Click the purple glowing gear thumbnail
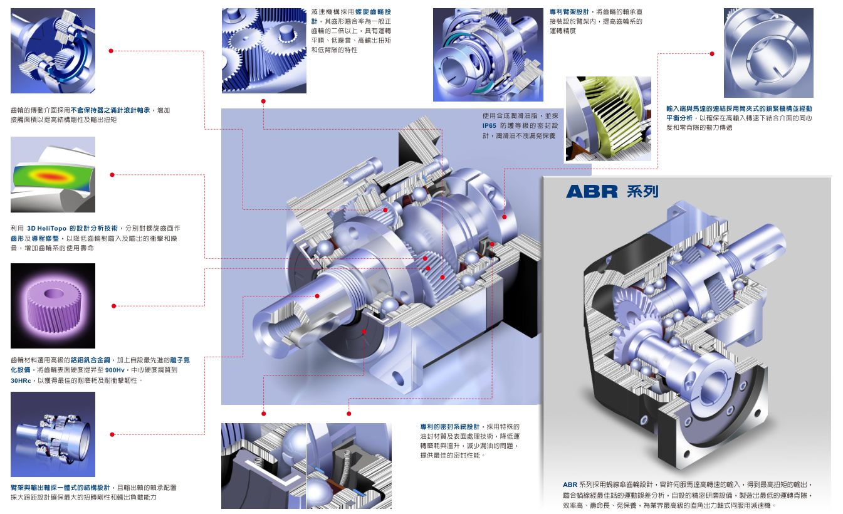53,305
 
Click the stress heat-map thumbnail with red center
53,175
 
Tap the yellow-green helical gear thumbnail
608,119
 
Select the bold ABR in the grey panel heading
592,192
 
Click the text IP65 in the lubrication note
490,125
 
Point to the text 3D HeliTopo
46,228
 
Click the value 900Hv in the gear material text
115,370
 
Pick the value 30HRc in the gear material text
21,380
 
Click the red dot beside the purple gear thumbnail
113,306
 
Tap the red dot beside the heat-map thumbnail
112,175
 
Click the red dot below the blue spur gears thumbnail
263,101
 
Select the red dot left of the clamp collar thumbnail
711,54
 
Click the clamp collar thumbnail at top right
768,53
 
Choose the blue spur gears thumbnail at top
264,50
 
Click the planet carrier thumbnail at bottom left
53,434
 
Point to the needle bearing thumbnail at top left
53,50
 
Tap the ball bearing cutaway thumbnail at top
488,55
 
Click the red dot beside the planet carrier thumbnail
112,434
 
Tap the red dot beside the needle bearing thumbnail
111,51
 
